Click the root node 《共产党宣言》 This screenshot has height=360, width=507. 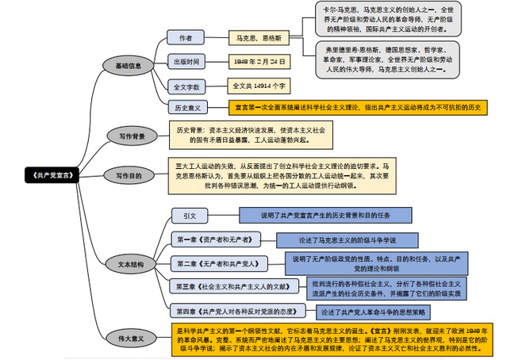[52, 174]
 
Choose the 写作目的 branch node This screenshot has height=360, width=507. [129, 175]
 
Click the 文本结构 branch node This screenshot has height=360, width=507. [129, 265]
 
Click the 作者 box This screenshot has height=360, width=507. [186, 38]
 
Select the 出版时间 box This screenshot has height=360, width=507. [186, 62]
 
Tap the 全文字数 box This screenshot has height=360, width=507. [186, 86]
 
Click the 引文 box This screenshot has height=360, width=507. [190, 216]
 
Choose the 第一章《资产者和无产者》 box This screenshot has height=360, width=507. [214, 239]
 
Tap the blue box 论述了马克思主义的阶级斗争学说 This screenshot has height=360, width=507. [348, 239]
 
